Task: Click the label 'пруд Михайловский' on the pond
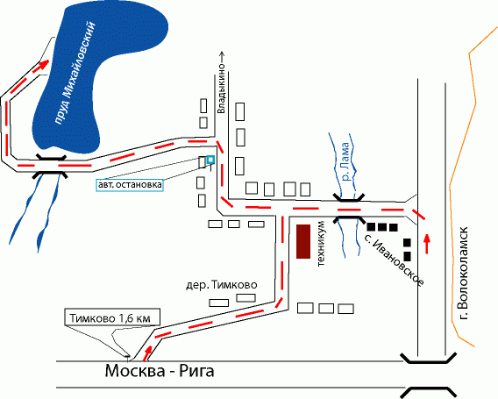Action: pyautogui.click(x=75, y=73)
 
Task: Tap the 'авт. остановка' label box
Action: pyautogui.click(x=130, y=185)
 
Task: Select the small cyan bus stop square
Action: pyautogui.click(x=210, y=160)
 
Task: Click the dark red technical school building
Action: pyautogui.click(x=303, y=241)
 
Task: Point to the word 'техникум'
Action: pyautogui.click(x=322, y=243)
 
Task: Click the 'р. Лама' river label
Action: pyautogui.click(x=345, y=161)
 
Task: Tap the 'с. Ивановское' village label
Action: pyautogui.click(x=394, y=261)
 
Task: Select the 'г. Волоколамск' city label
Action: pyautogui.click(x=463, y=273)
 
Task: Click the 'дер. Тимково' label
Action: pyautogui.click(x=221, y=285)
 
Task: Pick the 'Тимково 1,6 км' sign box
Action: pyautogui.click(x=112, y=317)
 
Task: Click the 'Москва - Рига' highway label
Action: pyautogui.click(x=160, y=371)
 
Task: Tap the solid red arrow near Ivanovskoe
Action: pyautogui.click(x=427, y=243)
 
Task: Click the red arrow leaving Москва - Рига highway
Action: pyautogui.click(x=146, y=354)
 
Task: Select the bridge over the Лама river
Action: pyautogui.click(x=349, y=209)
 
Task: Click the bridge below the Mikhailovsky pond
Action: pyautogui.click(x=51, y=166)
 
